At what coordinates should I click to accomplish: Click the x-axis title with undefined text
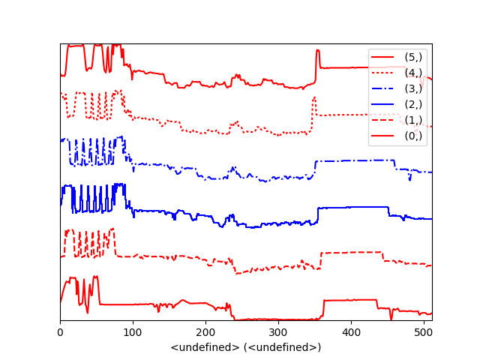246,347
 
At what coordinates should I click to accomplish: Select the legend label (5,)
413,57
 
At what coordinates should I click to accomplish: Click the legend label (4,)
413,73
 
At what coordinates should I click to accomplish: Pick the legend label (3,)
413,88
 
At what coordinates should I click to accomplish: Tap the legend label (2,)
413,104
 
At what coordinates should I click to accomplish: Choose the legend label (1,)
413,120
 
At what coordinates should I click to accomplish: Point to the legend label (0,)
413,136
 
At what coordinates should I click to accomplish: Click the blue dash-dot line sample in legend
382,88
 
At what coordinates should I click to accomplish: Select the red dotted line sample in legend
382,73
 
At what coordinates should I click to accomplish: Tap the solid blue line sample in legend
382,104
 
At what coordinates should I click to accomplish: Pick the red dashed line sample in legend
382,120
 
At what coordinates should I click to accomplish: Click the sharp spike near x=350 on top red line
318,51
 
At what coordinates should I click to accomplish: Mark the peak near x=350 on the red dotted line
314,97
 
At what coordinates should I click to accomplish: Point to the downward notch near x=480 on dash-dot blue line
409,179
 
